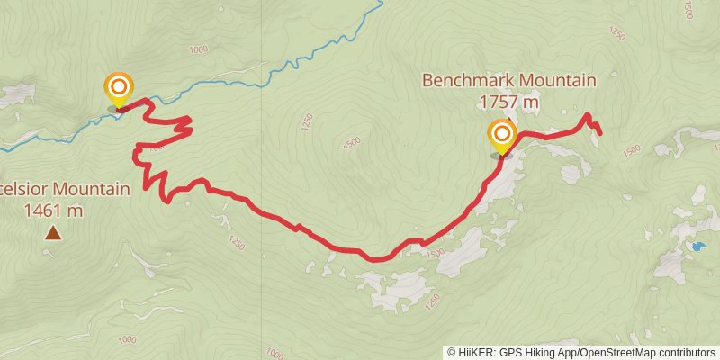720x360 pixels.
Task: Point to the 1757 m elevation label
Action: pyautogui.click(x=508, y=103)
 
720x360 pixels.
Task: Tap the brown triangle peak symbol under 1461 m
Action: pyautogui.click(x=54, y=234)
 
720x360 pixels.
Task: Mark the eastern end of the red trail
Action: pyautogui.click(x=599, y=133)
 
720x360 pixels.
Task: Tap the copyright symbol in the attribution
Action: pyautogui.click(x=452, y=353)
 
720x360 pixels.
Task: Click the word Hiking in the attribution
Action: pyautogui.click(x=540, y=353)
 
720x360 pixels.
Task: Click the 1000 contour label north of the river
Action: pyautogui.click(x=200, y=49)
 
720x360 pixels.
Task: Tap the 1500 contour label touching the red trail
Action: pyautogui.click(x=436, y=254)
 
